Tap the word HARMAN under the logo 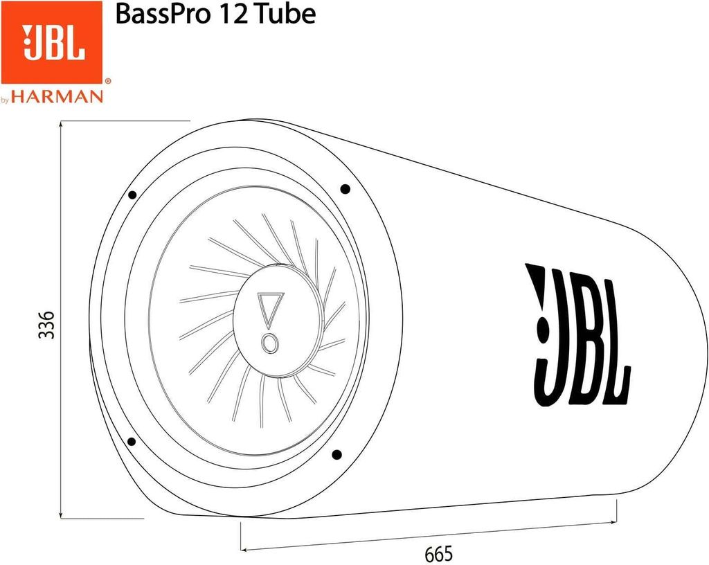pos(66,97)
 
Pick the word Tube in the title pos(287,14)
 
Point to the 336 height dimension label pos(46,323)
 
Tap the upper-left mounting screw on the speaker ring pos(132,195)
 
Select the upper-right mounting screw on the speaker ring pos(345,188)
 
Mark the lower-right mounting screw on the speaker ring pos(336,455)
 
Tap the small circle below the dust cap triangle pos(269,343)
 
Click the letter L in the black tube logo pos(616,336)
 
